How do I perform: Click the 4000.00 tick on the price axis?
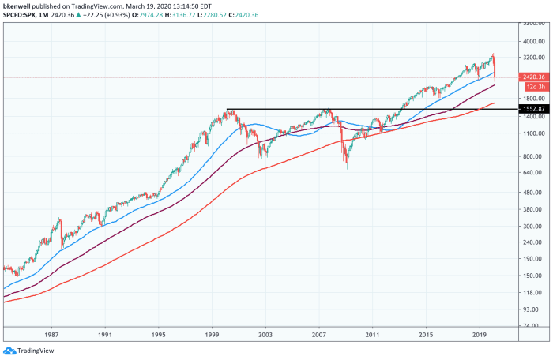pos(533,42)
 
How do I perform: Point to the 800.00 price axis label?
pos(532,156)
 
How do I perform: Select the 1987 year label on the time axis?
pos(53,336)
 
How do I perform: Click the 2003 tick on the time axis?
pos(267,336)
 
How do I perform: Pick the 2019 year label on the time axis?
pos(479,336)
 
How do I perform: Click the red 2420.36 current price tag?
pos(532,77)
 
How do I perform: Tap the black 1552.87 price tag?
pos(532,108)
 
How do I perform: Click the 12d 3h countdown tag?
pos(531,84)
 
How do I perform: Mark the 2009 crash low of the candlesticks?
pos(347,167)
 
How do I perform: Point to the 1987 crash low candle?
pos(62,246)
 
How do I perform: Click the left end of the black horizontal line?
pos(227,109)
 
